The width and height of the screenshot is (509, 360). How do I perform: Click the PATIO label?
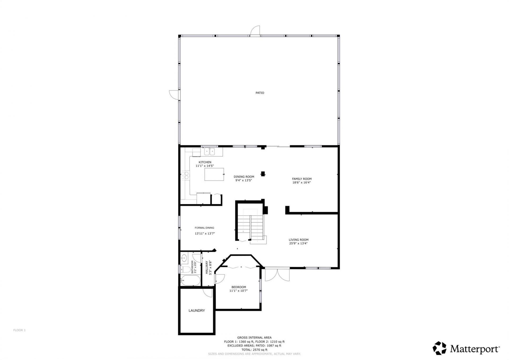click(260, 93)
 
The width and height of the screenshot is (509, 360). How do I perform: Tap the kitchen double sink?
click(209, 152)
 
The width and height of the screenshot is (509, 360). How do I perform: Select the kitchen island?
click(214, 174)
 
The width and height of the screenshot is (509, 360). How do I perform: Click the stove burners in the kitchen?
click(185, 175)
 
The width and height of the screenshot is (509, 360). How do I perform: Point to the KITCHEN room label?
click(205, 162)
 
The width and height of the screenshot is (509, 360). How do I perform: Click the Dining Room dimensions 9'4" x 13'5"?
click(244, 180)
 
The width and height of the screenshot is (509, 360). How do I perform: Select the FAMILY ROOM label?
click(302, 179)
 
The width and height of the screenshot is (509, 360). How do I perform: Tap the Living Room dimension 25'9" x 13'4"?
click(298, 243)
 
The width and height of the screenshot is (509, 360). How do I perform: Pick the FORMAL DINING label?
click(204, 228)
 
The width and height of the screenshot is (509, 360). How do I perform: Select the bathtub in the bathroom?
click(190, 280)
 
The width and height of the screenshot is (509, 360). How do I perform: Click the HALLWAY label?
click(207, 267)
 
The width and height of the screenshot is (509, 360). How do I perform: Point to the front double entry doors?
click(277, 275)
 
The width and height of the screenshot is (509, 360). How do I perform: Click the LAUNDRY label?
click(196, 310)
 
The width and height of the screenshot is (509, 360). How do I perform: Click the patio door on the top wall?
click(256, 31)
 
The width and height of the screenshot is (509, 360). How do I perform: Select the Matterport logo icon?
click(439, 348)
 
